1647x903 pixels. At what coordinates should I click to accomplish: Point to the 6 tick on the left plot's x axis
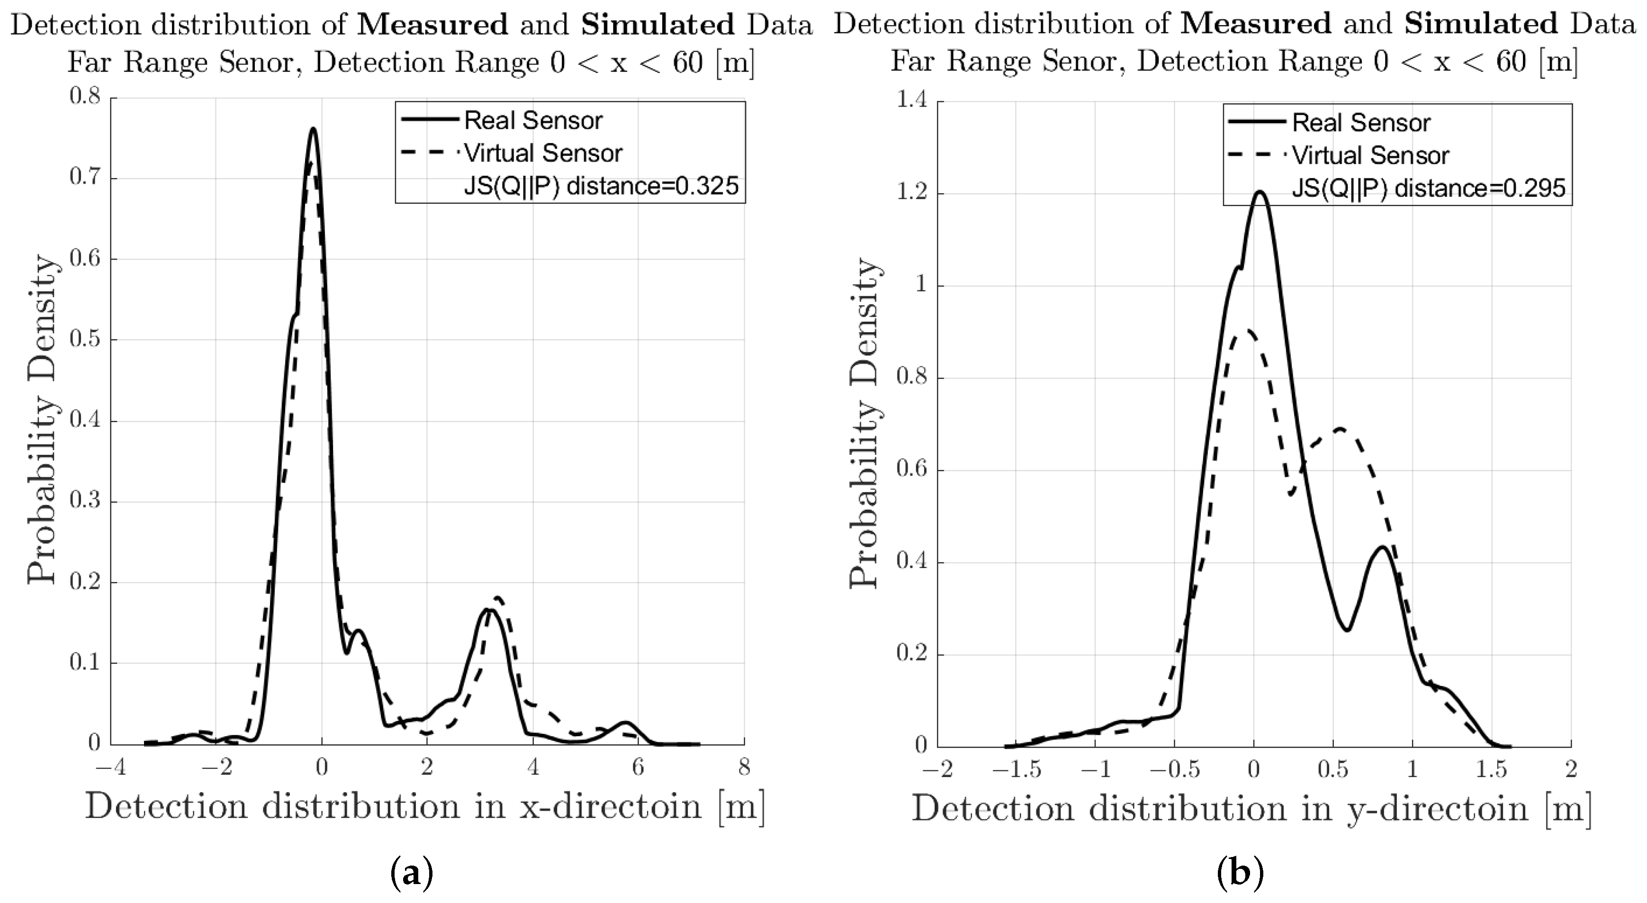(x=638, y=768)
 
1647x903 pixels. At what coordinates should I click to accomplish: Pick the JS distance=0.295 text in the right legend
(x=1428, y=189)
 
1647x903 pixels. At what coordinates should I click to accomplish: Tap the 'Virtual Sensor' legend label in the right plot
(x=1370, y=155)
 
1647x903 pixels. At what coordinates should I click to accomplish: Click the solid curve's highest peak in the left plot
(x=313, y=129)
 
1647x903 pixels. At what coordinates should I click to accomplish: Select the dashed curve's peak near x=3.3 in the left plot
(x=499, y=598)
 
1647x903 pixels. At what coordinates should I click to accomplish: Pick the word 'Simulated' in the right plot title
(x=1481, y=24)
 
